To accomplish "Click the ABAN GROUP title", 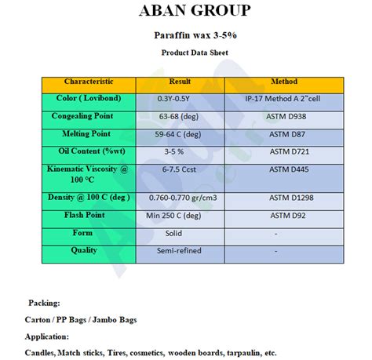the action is pyautogui.click(x=195, y=11).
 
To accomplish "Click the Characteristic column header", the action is pyautogui.click(x=89, y=82).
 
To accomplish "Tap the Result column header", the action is pyautogui.click(x=180, y=82).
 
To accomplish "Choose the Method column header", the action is pyautogui.click(x=283, y=82).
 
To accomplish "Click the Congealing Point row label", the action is pyautogui.click(x=89, y=116).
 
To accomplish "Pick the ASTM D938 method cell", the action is pyautogui.click(x=283, y=117).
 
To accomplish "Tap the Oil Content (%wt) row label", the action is pyautogui.click(x=89, y=151).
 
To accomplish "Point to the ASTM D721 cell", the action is pyautogui.click(x=283, y=151).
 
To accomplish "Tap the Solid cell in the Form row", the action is pyautogui.click(x=173, y=233).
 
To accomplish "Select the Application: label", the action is pyautogui.click(x=49, y=336).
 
